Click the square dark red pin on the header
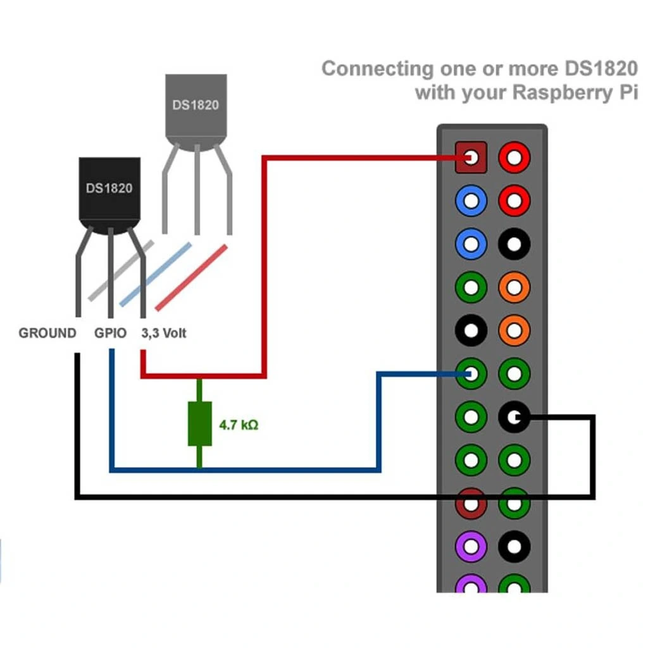(x=471, y=158)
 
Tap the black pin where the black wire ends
(x=514, y=417)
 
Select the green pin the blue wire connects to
(x=471, y=373)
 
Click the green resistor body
(x=199, y=423)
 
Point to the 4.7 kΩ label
(x=239, y=425)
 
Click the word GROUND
(x=47, y=333)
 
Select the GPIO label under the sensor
(x=111, y=333)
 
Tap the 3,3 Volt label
(x=164, y=333)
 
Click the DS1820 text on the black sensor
(x=109, y=188)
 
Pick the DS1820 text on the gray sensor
(x=196, y=104)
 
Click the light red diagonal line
(x=191, y=277)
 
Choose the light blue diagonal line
(x=156, y=273)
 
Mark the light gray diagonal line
(x=120, y=270)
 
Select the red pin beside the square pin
(x=514, y=158)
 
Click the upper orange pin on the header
(x=514, y=287)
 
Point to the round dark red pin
(x=471, y=503)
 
